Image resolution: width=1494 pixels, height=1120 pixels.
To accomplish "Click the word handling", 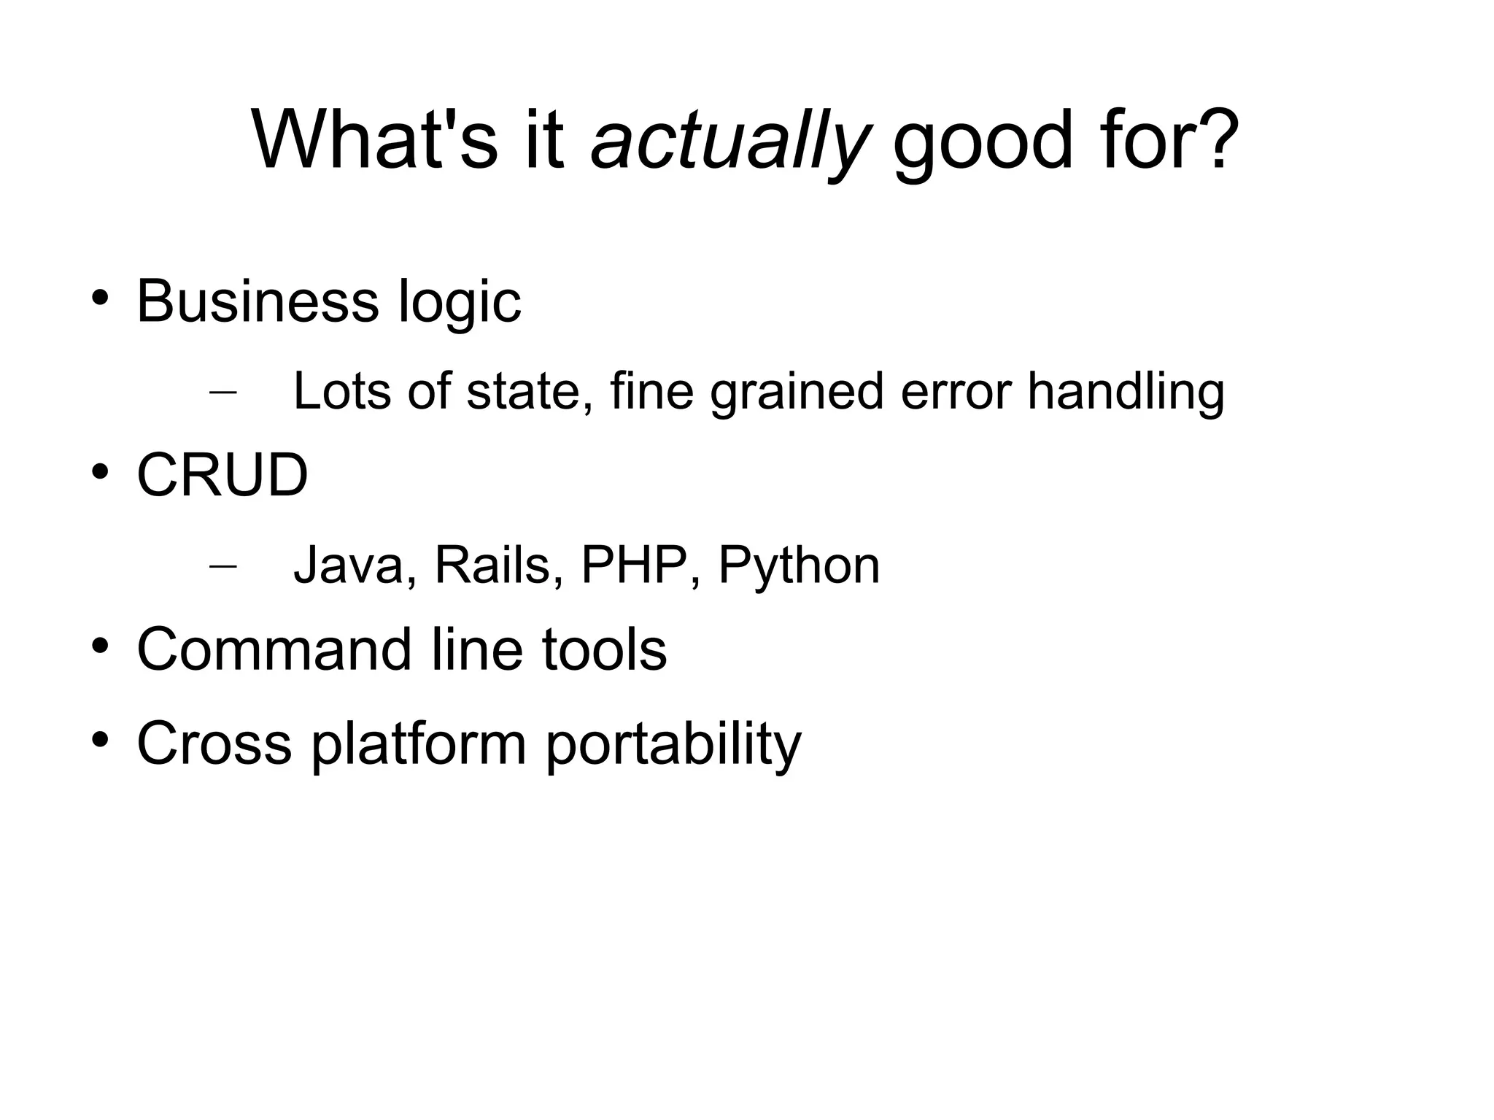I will coord(1126,392).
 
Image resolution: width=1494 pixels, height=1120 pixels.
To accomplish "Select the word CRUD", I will coord(222,475).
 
